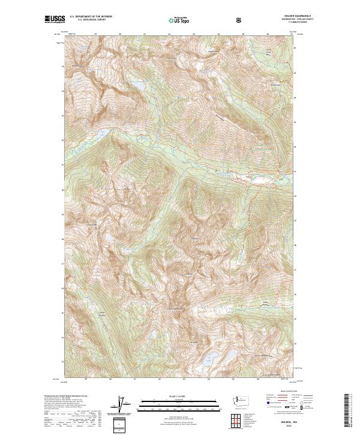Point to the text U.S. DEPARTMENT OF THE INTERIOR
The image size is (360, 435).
91,17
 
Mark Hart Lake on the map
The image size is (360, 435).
103,130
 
